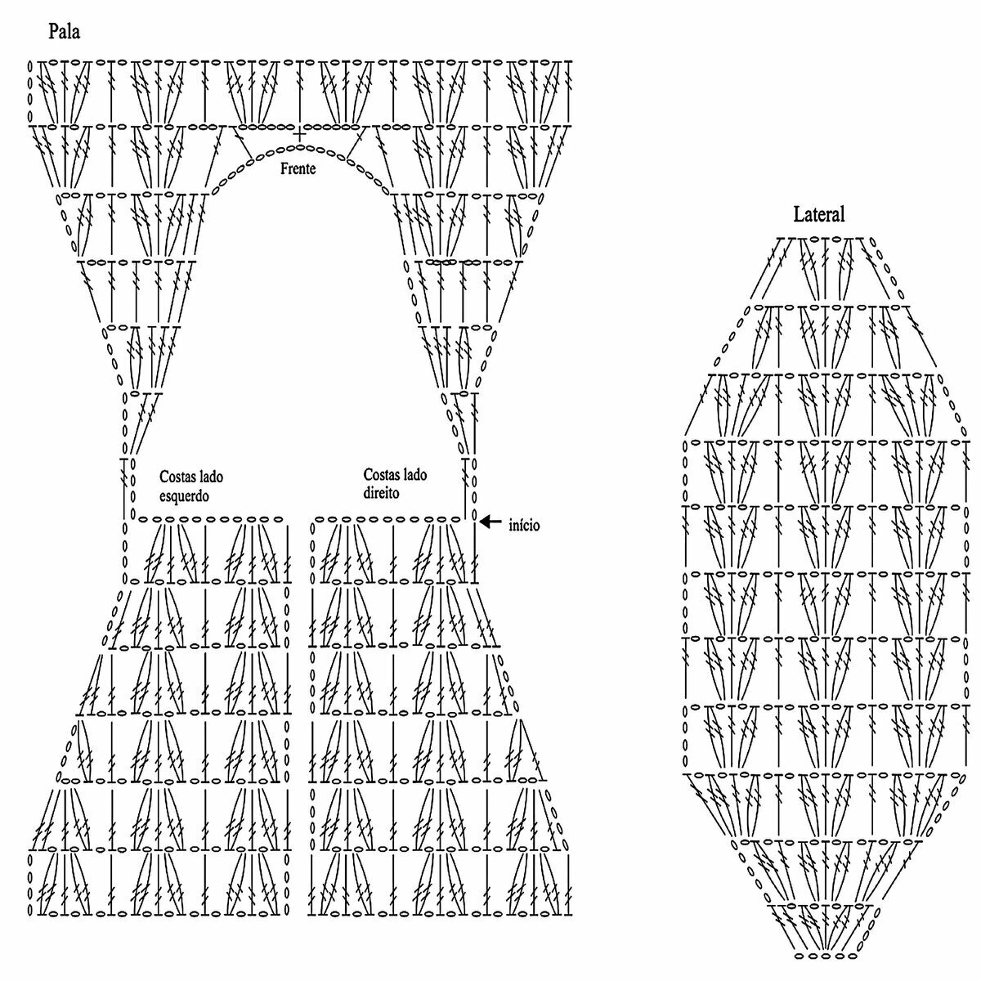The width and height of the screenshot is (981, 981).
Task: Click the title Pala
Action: tap(64, 33)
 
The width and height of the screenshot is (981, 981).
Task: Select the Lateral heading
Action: tap(819, 215)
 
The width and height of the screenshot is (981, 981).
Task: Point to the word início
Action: tap(524, 526)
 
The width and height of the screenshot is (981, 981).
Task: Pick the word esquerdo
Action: tap(185, 495)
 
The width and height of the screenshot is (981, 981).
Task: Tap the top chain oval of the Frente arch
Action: tap(300, 146)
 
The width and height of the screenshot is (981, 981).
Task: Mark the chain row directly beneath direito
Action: tap(387, 519)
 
